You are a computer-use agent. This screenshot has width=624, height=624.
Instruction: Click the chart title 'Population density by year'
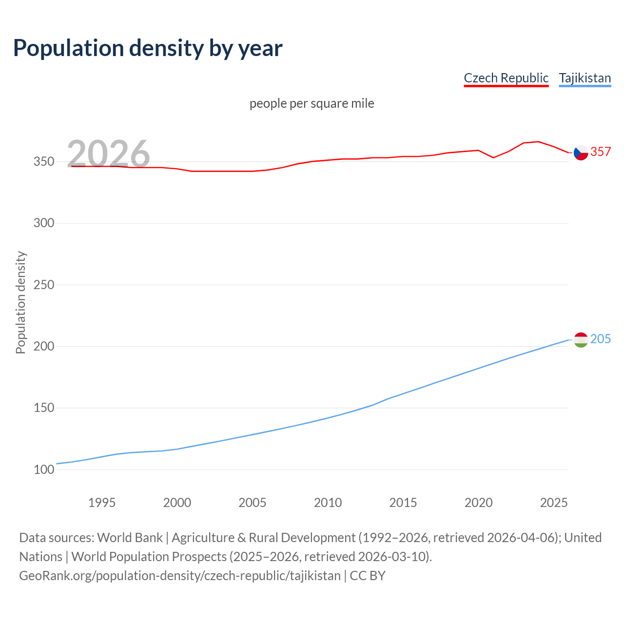click(148, 48)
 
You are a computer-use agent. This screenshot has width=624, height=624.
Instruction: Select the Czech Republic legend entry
click(506, 78)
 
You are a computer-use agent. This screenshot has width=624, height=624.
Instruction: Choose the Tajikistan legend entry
click(585, 78)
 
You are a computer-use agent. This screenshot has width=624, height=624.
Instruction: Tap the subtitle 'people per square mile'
click(312, 103)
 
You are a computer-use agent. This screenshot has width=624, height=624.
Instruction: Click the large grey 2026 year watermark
click(108, 154)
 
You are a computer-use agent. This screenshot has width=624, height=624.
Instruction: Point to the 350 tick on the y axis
click(44, 161)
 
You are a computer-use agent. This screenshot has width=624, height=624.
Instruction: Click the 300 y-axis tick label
click(44, 223)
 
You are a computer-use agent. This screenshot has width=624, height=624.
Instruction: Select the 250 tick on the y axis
click(44, 285)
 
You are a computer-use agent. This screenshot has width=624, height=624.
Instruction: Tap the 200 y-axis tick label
click(44, 347)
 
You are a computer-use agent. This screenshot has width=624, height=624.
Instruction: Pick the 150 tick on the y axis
click(44, 408)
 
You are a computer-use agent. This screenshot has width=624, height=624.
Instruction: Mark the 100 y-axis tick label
click(44, 470)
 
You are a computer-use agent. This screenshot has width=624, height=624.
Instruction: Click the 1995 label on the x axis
click(102, 503)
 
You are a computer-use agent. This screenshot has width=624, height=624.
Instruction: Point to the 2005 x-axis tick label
click(253, 503)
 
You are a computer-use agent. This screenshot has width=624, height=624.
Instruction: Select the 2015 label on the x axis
click(403, 503)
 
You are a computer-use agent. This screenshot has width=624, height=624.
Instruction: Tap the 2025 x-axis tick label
click(554, 503)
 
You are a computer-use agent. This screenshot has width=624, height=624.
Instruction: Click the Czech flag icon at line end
click(581, 153)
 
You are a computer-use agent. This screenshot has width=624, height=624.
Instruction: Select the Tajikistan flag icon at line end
click(581, 340)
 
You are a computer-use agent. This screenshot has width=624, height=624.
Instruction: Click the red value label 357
click(601, 152)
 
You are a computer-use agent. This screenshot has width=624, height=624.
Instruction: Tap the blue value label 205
click(601, 339)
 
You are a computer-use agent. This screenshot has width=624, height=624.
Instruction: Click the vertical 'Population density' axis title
click(20, 302)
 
